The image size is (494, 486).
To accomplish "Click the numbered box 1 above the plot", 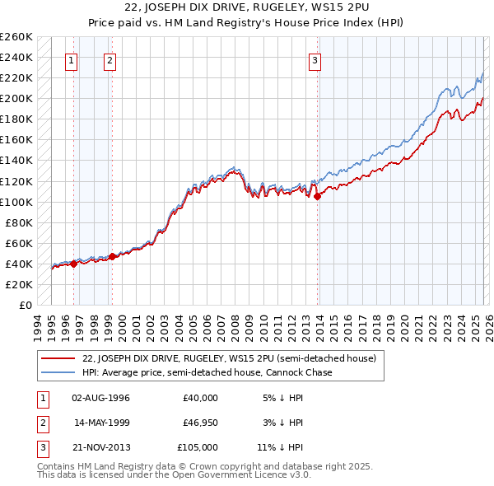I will click(72, 59).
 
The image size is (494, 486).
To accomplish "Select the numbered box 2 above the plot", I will click(110, 59).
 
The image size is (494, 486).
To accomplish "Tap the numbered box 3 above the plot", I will click(315, 59).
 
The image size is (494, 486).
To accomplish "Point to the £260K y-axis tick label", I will click(16, 37).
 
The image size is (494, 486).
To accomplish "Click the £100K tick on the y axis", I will click(16, 202).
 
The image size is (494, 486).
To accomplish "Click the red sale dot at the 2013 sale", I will click(318, 196).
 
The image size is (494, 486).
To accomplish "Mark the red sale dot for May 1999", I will click(112, 256).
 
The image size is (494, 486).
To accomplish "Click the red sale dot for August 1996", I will click(73, 264).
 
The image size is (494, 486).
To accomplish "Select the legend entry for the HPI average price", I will click(207, 372).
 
